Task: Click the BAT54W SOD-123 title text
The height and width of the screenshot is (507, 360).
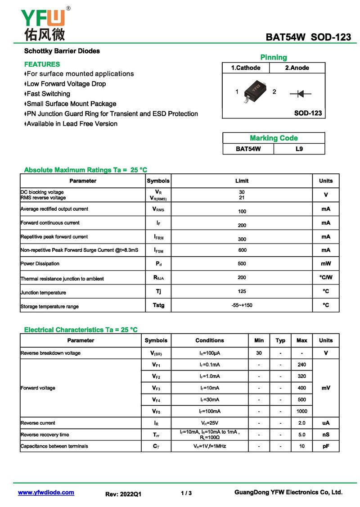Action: (x=308, y=37)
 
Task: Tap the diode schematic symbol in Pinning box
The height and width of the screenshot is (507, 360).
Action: (x=301, y=94)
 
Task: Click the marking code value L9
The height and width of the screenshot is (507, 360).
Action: (x=299, y=149)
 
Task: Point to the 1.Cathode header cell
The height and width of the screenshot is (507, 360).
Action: (x=246, y=68)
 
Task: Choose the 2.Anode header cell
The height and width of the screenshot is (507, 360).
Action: (x=297, y=68)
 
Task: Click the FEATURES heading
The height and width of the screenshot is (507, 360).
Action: (x=42, y=64)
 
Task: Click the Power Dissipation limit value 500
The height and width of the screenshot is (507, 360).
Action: (x=242, y=263)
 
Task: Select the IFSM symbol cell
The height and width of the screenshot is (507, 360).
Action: (x=158, y=250)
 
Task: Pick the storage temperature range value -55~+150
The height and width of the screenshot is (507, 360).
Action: (x=242, y=305)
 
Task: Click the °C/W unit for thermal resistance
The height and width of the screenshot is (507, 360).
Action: (x=326, y=277)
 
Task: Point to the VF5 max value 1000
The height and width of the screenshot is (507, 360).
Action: (x=302, y=411)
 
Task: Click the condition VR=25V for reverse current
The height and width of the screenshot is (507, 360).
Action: (x=210, y=423)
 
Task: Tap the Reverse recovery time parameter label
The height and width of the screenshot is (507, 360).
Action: (x=45, y=435)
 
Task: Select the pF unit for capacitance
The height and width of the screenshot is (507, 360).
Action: (x=326, y=446)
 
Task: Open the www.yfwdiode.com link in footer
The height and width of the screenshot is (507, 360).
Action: (x=46, y=492)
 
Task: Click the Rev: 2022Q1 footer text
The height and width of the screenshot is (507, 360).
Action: (x=123, y=493)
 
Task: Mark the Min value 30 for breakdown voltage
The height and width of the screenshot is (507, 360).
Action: (x=259, y=353)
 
